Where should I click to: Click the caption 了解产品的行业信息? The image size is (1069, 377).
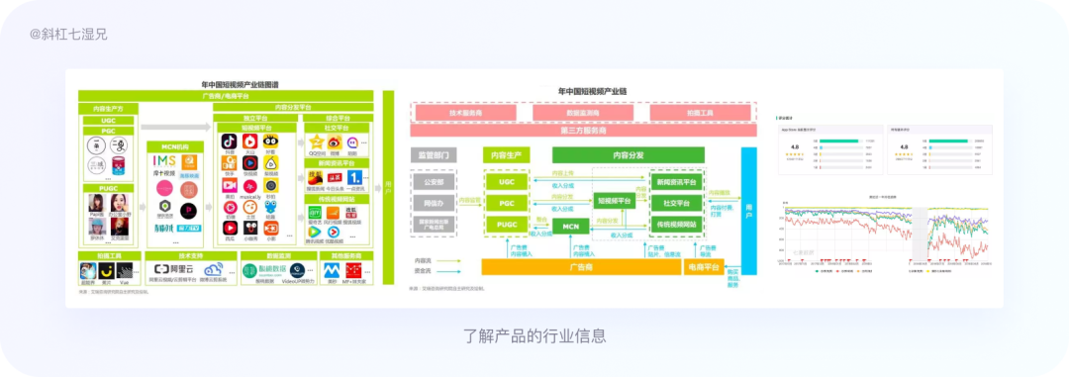coord(534,335)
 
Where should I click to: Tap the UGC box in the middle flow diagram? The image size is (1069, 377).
coord(506,181)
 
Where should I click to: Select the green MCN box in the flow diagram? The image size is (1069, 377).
coord(571,227)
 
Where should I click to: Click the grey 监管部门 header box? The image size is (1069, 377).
coord(436,154)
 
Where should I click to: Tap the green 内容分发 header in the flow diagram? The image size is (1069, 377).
coord(628,154)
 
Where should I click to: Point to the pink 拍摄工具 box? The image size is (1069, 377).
coord(702,113)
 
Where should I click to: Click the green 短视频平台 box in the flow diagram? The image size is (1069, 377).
coord(616,200)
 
